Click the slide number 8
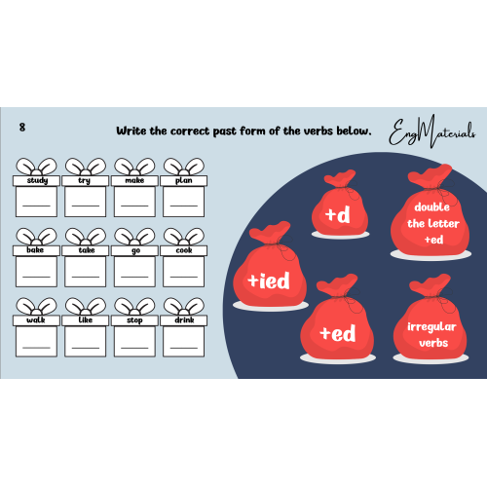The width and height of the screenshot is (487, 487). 22,127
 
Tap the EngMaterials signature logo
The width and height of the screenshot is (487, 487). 431,131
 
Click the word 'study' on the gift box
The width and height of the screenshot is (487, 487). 37,180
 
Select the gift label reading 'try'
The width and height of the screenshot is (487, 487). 84,180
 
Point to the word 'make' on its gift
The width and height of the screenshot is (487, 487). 134,180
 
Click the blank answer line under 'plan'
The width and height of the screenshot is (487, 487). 184,206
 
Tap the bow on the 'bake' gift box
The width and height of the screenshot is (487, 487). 36,237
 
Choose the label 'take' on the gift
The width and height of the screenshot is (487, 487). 87,250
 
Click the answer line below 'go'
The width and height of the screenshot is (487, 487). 134,277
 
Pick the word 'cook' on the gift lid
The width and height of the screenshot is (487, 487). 184,250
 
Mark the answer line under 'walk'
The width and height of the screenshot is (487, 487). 36,348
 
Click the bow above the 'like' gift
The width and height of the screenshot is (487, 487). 86,306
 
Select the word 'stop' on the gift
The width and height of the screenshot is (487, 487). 134,320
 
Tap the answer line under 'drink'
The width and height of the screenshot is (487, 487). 184,348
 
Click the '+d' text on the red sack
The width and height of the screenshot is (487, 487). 338,215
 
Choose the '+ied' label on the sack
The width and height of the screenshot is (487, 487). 269,281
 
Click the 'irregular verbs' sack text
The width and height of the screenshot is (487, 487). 432,335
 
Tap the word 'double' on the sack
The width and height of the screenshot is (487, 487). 432,206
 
